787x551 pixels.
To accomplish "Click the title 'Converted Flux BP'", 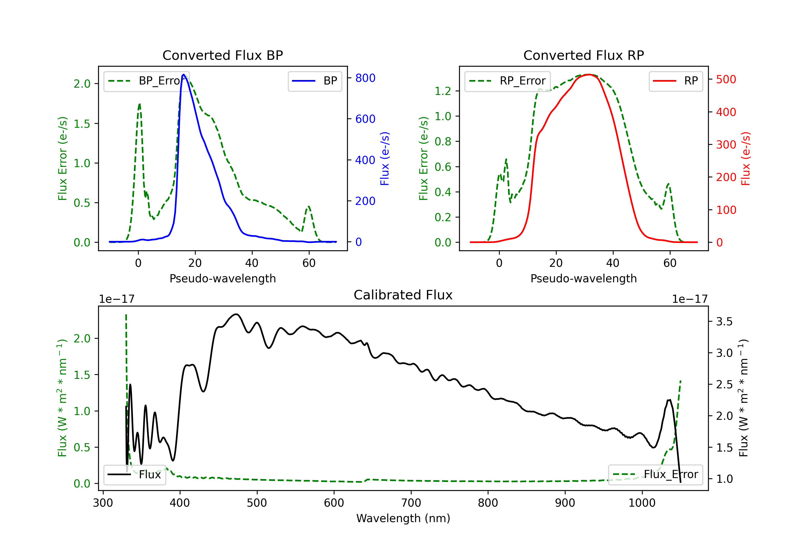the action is pos(222,55).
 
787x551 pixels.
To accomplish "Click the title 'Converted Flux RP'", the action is pos(583,55).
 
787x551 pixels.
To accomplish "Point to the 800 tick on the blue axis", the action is pos(365,78).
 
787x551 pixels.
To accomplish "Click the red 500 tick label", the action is pos(726,80).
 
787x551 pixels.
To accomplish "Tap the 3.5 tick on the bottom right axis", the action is pos(724,322).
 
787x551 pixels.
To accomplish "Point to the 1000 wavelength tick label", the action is pos(642,503).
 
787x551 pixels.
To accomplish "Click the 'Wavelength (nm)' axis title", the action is pos(403,518).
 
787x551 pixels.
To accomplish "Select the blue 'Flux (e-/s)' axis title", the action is pos(385,159).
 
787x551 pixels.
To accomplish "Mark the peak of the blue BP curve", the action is pos(184,75).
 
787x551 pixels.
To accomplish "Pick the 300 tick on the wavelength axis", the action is pos(103,503).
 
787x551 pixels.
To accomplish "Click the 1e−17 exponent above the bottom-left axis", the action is pos(116,299).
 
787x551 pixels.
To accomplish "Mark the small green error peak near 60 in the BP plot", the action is pos(309,206).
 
